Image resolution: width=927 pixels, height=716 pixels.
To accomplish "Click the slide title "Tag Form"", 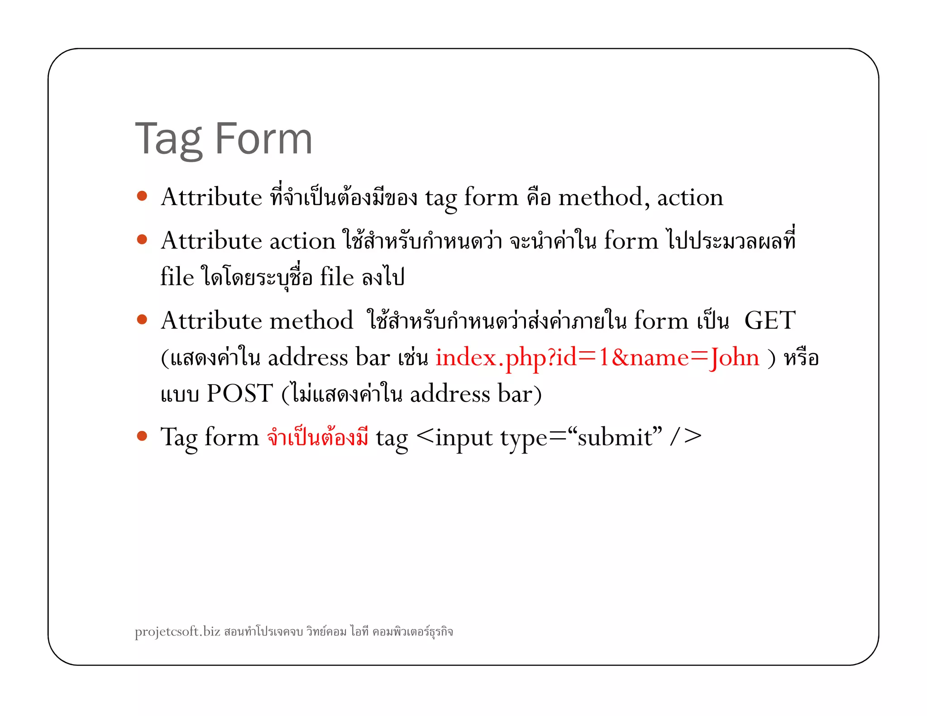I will pos(224,138).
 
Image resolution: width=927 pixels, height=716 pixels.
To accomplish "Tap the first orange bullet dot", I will pos(142,196).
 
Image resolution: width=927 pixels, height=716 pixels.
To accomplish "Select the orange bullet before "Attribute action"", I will pos(142,239).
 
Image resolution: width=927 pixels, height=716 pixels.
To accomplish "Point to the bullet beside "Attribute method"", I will pos(142,320).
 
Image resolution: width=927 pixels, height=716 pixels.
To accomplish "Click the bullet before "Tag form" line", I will pos(142,436).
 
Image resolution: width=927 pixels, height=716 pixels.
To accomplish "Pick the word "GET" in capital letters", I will pos(769,320).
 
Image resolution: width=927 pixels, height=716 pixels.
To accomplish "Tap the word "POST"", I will pos(239,393).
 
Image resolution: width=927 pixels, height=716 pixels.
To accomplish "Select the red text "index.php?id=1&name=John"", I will pos(597,358).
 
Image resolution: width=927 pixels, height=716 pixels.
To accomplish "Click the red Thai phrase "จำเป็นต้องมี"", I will pos(317,437).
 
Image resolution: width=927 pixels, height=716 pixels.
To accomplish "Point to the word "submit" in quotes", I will pos(615,437).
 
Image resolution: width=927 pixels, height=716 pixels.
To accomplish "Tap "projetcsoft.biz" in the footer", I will pos(177,631).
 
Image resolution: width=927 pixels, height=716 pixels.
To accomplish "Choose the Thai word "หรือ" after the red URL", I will pos(801,358).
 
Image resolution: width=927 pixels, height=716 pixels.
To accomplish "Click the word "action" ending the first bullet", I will pos(690,197).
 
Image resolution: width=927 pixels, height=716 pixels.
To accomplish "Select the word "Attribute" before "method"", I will pos(211,320).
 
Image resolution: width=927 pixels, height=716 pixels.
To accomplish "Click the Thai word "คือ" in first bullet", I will pos(538,197).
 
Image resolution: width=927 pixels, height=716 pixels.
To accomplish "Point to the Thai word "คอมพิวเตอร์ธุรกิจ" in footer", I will pos(412,631).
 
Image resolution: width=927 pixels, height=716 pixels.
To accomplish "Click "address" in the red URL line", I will pos(308,358).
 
